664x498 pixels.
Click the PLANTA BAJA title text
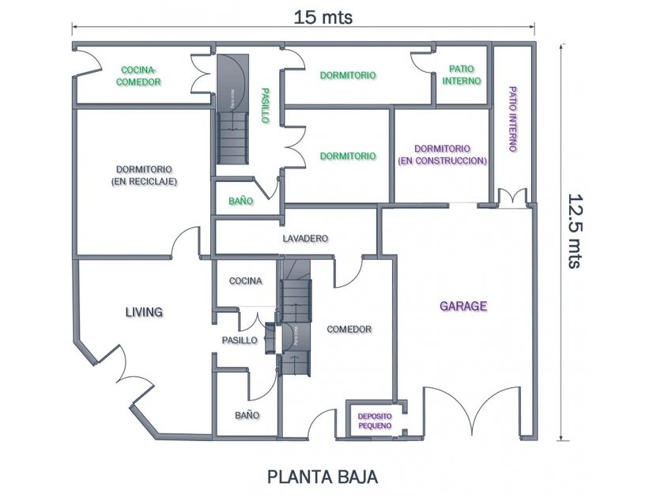(323, 477)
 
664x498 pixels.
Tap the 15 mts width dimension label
(323, 17)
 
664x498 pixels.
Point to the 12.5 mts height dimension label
(575, 231)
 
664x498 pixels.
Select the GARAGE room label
(463, 306)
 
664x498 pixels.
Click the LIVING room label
(144, 312)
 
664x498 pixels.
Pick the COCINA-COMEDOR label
(138, 76)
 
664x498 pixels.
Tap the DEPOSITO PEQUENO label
(375, 421)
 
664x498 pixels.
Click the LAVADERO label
(305, 238)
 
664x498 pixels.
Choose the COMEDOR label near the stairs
(349, 329)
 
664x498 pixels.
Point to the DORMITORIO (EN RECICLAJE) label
(144, 175)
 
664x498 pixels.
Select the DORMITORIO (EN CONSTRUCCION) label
(442, 154)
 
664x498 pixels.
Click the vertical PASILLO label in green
(266, 105)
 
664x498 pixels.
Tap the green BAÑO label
(240, 202)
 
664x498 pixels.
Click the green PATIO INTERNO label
(462, 75)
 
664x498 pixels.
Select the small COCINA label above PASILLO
(245, 281)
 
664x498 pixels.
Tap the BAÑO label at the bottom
(247, 415)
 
